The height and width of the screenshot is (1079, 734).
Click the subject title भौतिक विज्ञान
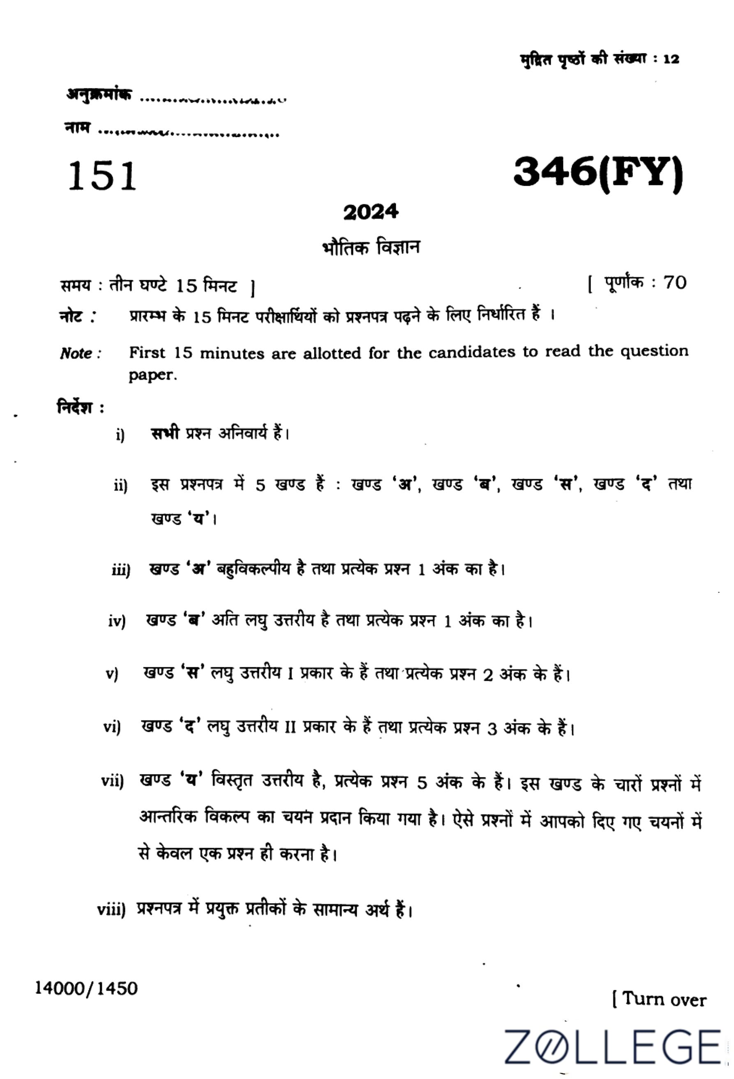pos(370,247)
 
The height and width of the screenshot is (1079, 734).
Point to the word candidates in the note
pos(471,353)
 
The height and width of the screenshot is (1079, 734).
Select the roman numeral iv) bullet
pos(117,621)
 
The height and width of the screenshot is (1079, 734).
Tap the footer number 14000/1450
pos(87,989)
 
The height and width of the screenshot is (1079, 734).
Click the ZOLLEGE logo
pos(613,1047)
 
